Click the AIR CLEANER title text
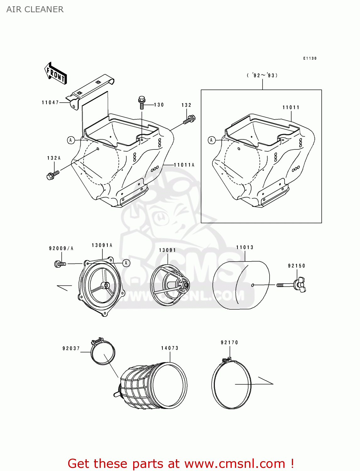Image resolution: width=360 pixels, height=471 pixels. click(35, 9)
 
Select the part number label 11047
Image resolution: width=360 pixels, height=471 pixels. click(50, 102)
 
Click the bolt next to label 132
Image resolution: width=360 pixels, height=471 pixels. click(189, 120)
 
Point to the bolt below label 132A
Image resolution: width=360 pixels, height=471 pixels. click(53, 175)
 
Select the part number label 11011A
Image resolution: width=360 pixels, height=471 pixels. click(184, 165)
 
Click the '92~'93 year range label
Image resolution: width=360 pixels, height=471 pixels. click(262, 75)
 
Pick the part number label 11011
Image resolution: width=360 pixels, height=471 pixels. click(291, 107)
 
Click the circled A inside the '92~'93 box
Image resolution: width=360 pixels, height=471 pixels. click(211, 140)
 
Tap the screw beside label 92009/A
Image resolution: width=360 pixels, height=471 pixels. click(60, 264)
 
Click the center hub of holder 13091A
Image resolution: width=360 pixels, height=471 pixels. click(104, 285)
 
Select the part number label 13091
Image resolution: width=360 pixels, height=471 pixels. click(167, 250)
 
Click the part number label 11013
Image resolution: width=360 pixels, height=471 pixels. click(245, 247)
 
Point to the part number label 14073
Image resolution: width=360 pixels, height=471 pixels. click(170, 348)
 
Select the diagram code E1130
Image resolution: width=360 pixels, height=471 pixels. click(310, 58)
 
